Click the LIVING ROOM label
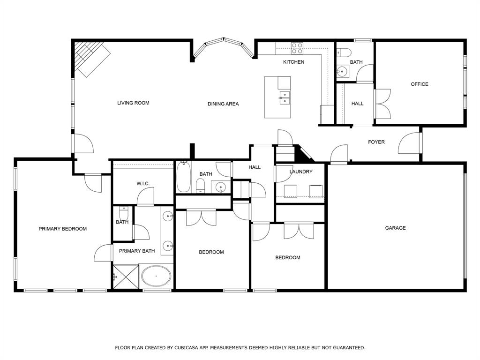pyautogui.click(x=133, y=103)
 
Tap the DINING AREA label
pyautogui.click(x=223, y=104)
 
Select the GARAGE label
pyautogui.click(x=395, y=228)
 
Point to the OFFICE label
pyautogui.click(x=419, y=84)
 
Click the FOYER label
pyautogui.click(x=376, y=142)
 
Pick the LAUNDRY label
pyautogui.click(x=300, y=172)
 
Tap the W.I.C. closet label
pyautogui.click(x=143, y=184)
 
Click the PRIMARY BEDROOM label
pyautogui.click(x=62, y=229)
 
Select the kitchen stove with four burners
pyautogui.click(x=297, y=48)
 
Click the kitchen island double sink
pyautogui.click(x=285, y=97)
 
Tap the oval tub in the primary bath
pyautogui.click(x=157, y=277)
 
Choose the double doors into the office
pyautogui.click(x=382, y=104)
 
